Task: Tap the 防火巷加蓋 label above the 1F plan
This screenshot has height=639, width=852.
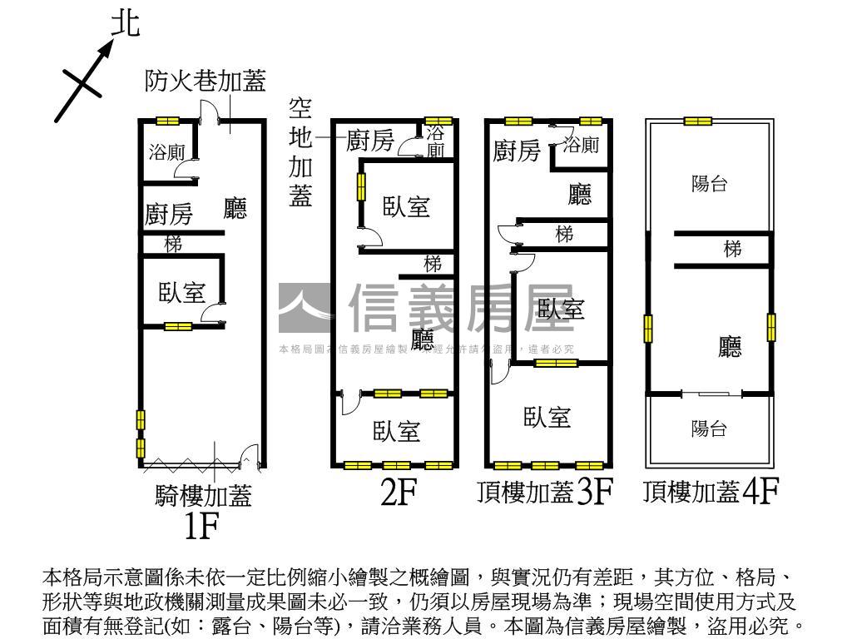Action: coord(205,81)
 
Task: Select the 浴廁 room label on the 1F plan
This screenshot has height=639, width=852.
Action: coord(166,152)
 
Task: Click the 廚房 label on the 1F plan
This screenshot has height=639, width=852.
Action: coord(169,215)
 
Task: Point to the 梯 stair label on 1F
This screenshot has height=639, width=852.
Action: coord(173,245)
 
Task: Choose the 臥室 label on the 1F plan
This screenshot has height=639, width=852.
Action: coord(182,292)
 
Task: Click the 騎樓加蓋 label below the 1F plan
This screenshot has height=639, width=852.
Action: coord(203,496)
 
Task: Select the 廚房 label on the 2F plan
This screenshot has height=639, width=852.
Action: coord(369,141)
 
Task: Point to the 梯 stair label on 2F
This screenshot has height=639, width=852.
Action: coord(433,265)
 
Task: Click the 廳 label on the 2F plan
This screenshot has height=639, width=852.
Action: coord(423,339)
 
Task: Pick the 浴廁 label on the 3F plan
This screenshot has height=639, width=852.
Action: coord(581,145)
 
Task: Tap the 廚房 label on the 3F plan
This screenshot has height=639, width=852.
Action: coord(517,151)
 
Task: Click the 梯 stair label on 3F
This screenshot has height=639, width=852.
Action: coord(564,235)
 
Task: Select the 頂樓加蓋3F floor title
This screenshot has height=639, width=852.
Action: coord(545,493)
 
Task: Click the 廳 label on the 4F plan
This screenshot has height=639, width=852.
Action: coord(730,347)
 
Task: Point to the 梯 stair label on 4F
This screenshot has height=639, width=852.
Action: coord(732,249)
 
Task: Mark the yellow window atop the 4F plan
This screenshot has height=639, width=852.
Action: coord(698,121)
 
